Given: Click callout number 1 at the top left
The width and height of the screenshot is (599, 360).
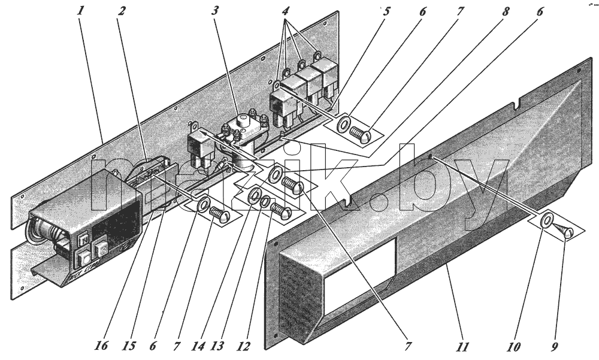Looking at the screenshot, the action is click(x=80, y=11).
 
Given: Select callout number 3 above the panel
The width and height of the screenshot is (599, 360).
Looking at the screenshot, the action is click(x=216, y=11).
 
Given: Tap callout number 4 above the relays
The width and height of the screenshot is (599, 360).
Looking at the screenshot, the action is click(x=285, y=11).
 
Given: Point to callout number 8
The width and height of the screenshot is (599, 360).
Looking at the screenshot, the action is click(x=506, y=11).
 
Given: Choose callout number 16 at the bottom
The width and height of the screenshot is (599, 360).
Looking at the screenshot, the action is click(x=101, y=346).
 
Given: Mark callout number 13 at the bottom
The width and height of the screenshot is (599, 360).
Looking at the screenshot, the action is click(x=217, y=347).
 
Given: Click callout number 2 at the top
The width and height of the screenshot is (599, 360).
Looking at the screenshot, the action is click(x=121, y=11).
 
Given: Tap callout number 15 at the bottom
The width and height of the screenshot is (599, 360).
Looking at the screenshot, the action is click(x=129, y=346).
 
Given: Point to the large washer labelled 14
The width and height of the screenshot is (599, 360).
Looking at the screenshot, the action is click(x=253, y=196).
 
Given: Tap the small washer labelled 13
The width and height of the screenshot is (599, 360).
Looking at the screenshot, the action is click(x=265, y=202).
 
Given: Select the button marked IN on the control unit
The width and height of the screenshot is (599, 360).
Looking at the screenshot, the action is click(x=83, y=240).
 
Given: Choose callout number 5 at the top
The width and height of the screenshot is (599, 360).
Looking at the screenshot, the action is click(x=386, y=11).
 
